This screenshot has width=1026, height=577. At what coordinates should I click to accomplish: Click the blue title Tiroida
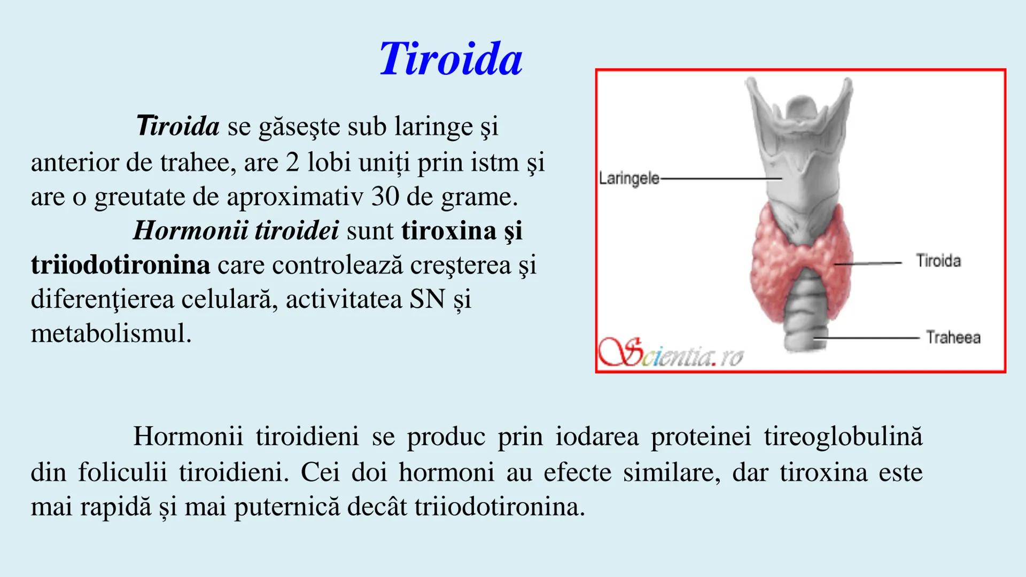450,59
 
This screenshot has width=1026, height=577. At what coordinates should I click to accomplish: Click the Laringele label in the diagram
629,178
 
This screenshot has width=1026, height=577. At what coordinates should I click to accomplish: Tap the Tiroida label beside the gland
938,261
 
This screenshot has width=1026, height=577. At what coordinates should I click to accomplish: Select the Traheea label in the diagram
953,338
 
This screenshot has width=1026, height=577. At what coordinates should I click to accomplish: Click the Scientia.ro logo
671,354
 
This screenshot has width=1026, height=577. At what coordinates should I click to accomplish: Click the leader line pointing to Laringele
721,178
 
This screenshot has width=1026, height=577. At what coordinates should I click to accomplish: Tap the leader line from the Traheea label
866,338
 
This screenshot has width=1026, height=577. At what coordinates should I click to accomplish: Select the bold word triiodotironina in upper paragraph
120,265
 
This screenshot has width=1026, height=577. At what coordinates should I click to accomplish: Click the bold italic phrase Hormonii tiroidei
236,231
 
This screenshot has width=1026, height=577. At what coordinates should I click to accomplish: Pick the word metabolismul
111,333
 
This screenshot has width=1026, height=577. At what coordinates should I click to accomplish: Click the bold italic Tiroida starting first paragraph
177,127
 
